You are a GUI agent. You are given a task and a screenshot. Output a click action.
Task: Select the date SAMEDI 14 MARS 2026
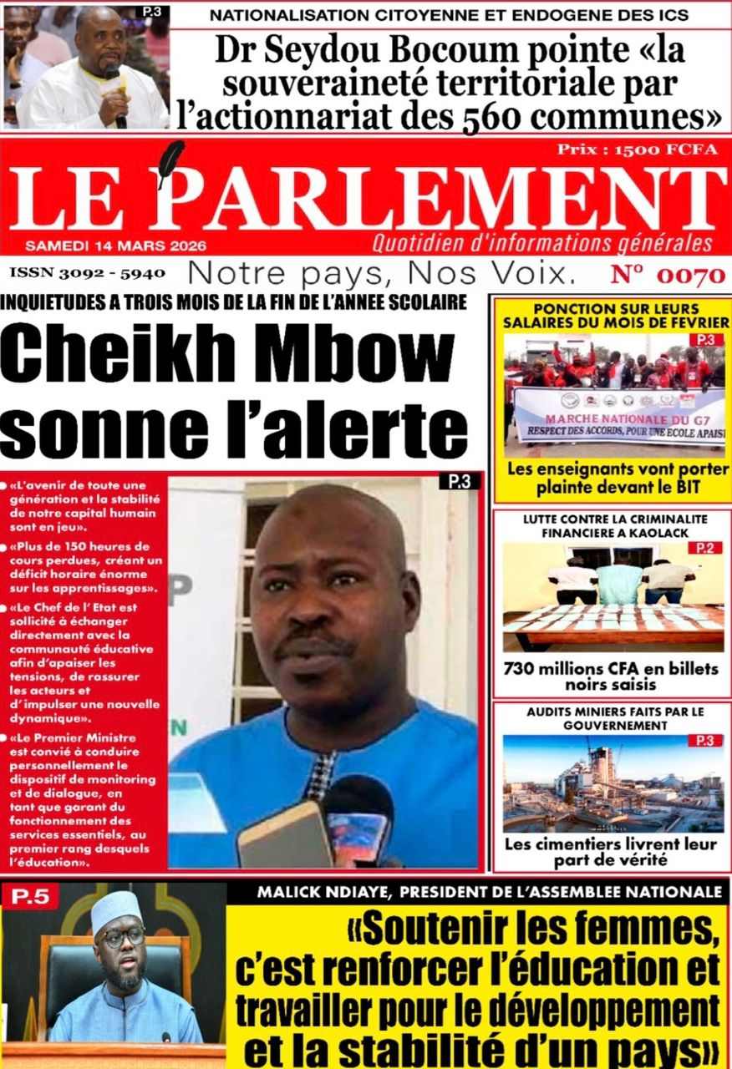(115, 246)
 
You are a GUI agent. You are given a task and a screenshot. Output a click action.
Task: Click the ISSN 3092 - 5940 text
(88, 273)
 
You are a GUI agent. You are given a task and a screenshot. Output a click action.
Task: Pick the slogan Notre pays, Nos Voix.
(383, 273)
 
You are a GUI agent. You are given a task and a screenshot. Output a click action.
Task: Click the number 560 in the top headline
(488, 118)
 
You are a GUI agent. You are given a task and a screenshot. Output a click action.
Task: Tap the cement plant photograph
(613, 784)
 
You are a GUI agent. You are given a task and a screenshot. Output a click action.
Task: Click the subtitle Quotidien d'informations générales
(542, 244)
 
